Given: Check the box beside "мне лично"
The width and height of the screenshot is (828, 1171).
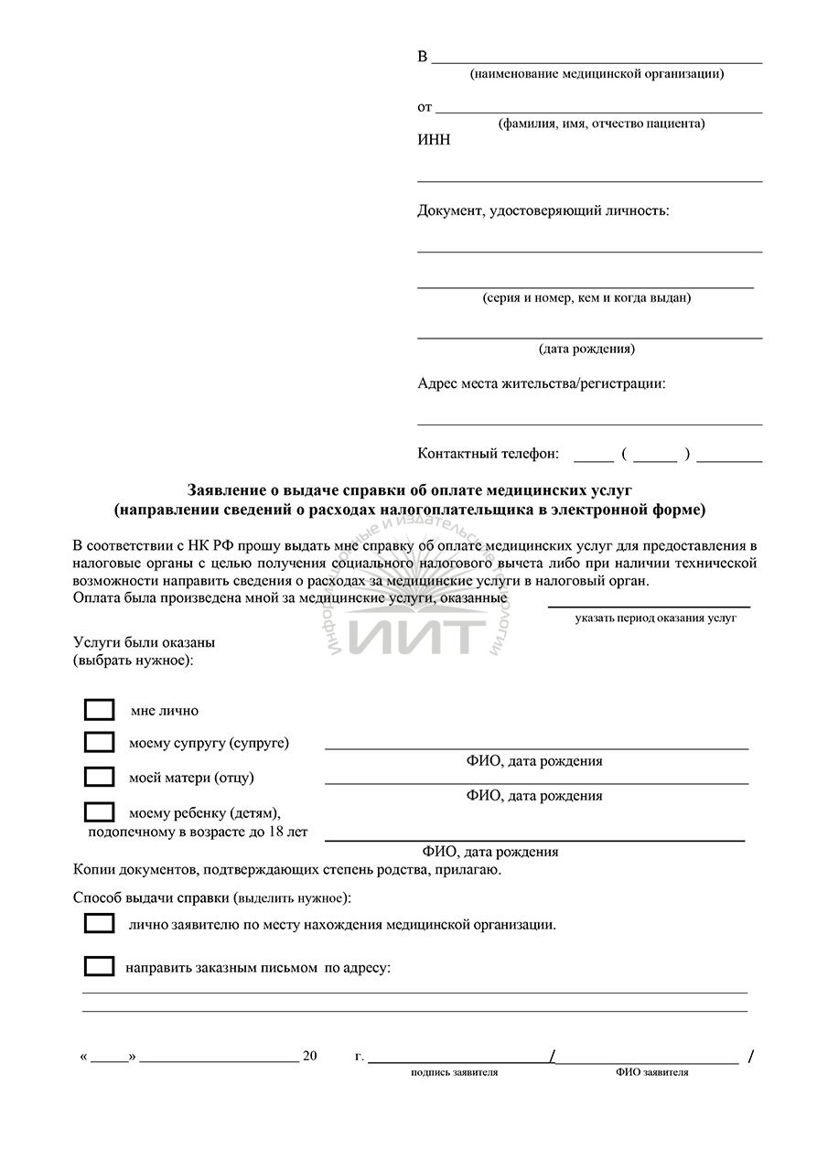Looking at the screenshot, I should pos(99,710).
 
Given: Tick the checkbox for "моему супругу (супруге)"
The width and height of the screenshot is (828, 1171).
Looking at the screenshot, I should pos(99,742).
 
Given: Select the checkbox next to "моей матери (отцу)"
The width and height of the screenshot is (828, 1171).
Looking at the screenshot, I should pos(99,777).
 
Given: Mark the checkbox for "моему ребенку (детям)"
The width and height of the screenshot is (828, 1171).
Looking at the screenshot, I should pos(99,811).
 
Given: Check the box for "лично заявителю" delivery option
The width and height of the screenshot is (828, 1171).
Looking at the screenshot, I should pos(99,923).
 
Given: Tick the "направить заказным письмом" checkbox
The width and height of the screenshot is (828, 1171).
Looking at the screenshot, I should pos(99,966).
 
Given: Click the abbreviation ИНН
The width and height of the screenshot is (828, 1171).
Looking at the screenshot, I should pos(434,140).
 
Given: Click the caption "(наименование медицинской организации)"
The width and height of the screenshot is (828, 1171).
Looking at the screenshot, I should pos(597,74).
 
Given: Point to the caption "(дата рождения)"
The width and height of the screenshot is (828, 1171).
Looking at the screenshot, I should pos(586,349).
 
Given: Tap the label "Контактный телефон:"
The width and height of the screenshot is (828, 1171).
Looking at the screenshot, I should pos(488,453).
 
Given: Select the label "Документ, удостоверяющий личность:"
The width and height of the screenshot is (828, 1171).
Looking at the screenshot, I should pos(543,211).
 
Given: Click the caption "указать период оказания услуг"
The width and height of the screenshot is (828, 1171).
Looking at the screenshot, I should pos(656,618).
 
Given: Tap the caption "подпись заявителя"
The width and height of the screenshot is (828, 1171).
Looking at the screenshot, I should pos(454,1072).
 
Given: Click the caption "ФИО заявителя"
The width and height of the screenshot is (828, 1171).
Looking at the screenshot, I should pos(651,1072).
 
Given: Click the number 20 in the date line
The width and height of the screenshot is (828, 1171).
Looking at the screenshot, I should pos(309,1056).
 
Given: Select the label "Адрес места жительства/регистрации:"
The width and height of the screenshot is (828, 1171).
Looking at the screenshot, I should pos(541,383).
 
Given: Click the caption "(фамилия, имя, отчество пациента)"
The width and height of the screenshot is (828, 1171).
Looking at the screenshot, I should pos(601,124).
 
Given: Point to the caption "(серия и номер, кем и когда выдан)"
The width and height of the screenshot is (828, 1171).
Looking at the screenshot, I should pos(586,297).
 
